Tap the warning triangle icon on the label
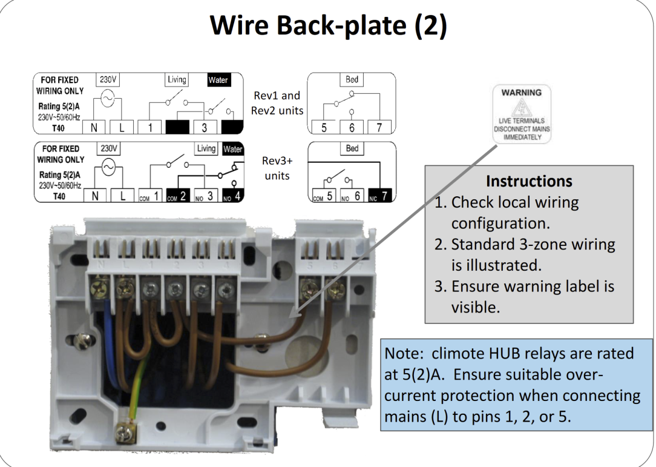[x=522, y=110]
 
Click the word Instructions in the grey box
[x=529, y=181]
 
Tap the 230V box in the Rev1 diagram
[x=108, y=79]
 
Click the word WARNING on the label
[x=521, y=93]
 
